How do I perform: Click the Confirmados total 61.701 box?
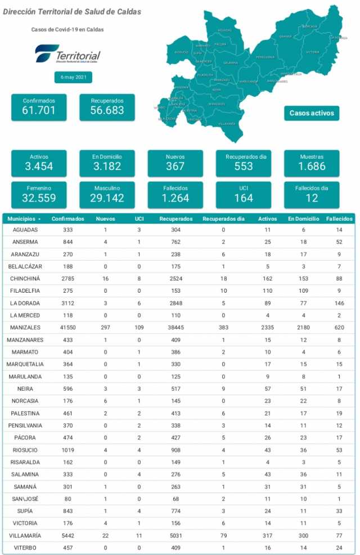(x=39, y=107)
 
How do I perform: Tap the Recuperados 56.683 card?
(x=107, y=107)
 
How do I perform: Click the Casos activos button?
(x=312, y=113)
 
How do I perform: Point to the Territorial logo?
(x=67, y=55)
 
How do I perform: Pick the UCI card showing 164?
(x=244, y=194)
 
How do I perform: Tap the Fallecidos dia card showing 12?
(x=312, y=194)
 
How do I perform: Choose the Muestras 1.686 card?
(x=312, y=163)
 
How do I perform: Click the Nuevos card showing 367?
(x=175, y=163)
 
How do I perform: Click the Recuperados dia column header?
(x=223, y=218)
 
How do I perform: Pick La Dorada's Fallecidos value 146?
(x=339, y=303)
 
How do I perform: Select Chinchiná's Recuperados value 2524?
(x=175, y=279)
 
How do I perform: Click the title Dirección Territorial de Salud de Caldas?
(x=73, y=12)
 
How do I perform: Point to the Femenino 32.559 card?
(x=39, y=194)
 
